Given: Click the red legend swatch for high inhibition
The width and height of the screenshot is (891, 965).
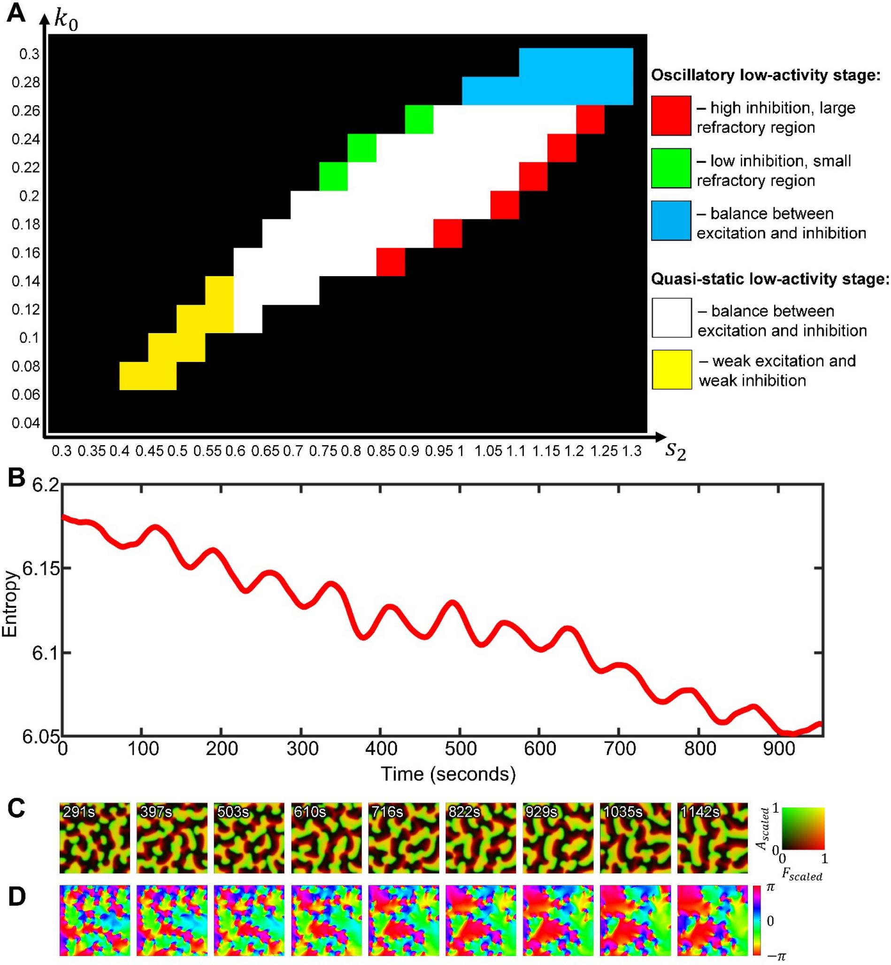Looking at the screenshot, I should click(x=671, y=116).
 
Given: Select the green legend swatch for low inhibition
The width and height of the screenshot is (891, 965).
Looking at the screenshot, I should click(x=671, y=168).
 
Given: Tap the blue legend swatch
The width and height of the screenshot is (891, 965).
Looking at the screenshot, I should click(x=671, y=220).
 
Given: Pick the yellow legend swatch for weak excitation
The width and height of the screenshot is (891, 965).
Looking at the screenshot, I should click(x=672, y=370).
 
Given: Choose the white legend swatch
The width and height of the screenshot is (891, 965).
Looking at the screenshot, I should click(x=672, y=318).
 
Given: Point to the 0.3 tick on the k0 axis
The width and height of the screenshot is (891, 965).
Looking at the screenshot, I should click(x=30, y=54).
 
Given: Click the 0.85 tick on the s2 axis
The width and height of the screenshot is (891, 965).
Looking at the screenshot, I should click(x=380, y=451).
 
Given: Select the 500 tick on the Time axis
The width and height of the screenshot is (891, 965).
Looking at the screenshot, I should click(x=461, y=749).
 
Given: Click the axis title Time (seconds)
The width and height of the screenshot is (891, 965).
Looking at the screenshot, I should click(x=448, y=774).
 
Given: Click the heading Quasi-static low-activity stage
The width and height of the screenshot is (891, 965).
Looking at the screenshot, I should click(x=769, y=279).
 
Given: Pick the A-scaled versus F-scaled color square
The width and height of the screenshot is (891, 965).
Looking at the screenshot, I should click(x=803, y=828).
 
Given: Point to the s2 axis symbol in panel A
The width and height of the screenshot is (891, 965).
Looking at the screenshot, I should click(x=675, y=451).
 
